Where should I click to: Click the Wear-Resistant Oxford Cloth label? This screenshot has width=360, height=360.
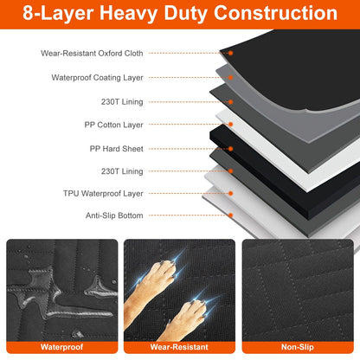coord(93,53)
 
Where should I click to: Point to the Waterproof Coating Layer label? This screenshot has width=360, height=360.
coord(96,77)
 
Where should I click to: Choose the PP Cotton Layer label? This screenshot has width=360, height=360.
coord(115,125)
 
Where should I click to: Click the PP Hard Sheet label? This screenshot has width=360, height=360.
coord(116,148)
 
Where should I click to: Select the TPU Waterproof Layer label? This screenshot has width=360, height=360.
coord(103,193)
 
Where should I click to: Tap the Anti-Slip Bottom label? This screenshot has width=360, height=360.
coord(114,215)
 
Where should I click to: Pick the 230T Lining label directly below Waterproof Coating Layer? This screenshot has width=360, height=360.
coord(122,101)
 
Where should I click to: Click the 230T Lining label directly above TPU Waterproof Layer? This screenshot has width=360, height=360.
coord(122,170)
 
